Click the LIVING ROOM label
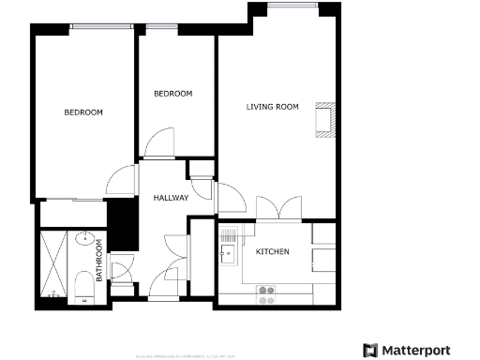click(x=272, y=107)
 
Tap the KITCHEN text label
click(x=272, y=253)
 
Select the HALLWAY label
click(x=172, y=198)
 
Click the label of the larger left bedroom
click(x=83, y=112)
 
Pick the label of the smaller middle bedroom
click(x=172, y=94)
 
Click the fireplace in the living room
click(x=325, y=121)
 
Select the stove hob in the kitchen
click(x=266, y=291)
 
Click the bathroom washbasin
click(x=83, y=238)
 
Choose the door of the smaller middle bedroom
click(x=158, y=145)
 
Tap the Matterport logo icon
click(x=370, y=350)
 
